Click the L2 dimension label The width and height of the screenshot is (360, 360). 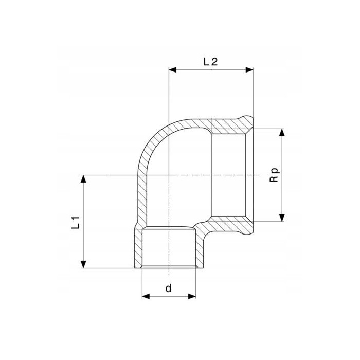coord(210,62)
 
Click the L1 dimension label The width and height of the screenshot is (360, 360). coord(75,222)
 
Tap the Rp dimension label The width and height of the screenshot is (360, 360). coord(274,175)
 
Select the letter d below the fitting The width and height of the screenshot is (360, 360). coord(169,288)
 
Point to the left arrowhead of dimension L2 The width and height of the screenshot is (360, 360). coord(172,70)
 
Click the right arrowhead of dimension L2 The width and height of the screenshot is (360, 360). coord(249,70)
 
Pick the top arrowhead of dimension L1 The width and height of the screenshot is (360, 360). coord(83,179)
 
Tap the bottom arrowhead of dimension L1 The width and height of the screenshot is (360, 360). coord(83,264)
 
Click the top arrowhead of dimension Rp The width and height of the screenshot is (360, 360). coord(282,133)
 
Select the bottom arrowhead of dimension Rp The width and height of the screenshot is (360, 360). coord(282,218)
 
